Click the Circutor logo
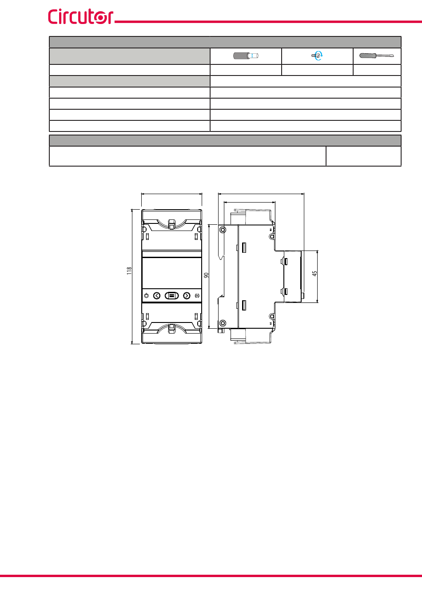tap(81, 16)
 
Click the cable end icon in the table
tap(246, 56)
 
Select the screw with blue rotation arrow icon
tap(317, 56)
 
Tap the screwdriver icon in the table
tap(376, 56)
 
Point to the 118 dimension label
tap(129, 271)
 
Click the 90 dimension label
tap(206, 275)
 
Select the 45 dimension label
tap(315, 274)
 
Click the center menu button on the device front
tap(171, 295)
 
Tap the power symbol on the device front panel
tap(146, 295)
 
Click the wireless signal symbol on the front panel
tap(197, 295)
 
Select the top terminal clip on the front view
tap(171, 224)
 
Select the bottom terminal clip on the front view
tap(171, 328)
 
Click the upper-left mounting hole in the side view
tap(223, 230)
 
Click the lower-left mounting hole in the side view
tap(223, 323)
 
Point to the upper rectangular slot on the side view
tap(244, 247)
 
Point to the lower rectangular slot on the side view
tap(244, 306)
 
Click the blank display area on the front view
tap(171, 273)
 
